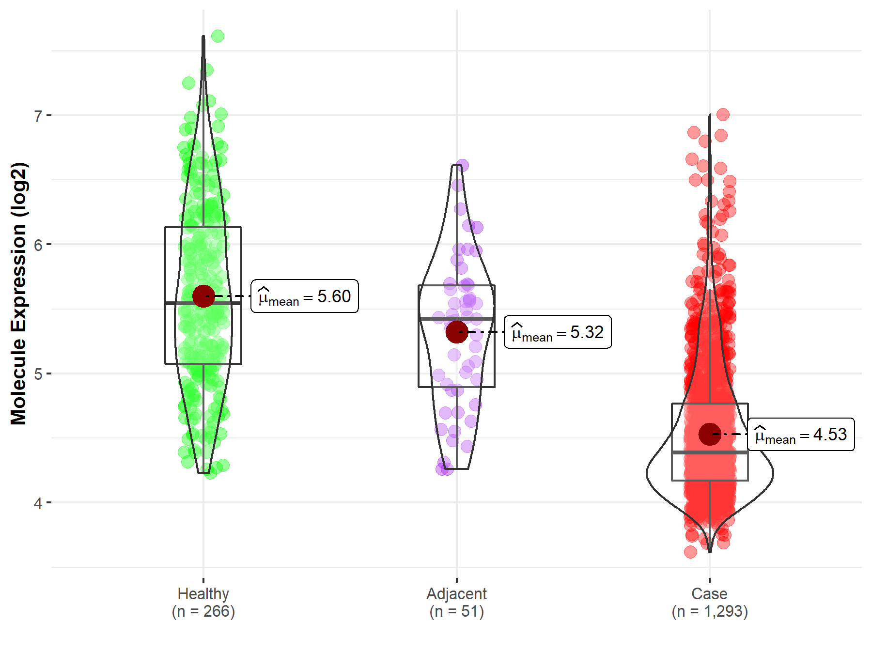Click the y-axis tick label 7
click(x=38, y=116)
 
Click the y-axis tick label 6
click(x=38, y=245)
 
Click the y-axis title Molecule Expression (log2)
click(x=18, y=294)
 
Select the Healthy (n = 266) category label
click(x=203, y=602)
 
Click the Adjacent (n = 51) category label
click(x=456, y=602)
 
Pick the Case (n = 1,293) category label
click(x=710, y=602)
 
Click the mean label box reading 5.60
click(x=305, y=296)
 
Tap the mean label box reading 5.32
click(x=558, y=332)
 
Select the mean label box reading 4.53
click(x=801, y=435)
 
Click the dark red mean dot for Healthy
click(x=203, y=296)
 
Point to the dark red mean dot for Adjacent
click(x=457, y=332)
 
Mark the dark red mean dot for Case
click(x=710, y=434)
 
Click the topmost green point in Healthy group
click(x=218, y=36)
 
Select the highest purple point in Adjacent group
click(x=462, y=165)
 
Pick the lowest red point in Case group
click(x=690, y=552)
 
